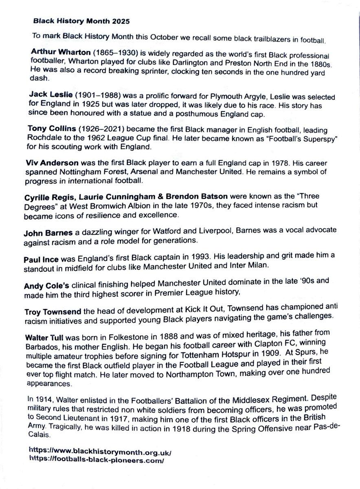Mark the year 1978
click(x=252, y=163)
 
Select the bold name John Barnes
click(x=48, y=233)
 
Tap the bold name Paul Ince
click(x=41, y=259)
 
